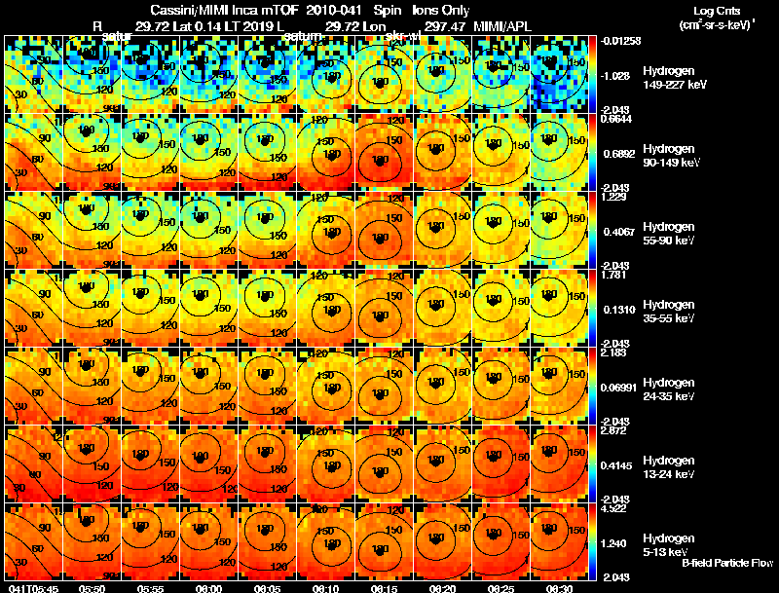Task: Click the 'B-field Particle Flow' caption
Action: (x=726, y=563)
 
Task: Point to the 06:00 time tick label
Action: (x=208, y=588)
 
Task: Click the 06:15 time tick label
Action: (x=384, y=588)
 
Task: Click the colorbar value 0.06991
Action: (x=619, y=388)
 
